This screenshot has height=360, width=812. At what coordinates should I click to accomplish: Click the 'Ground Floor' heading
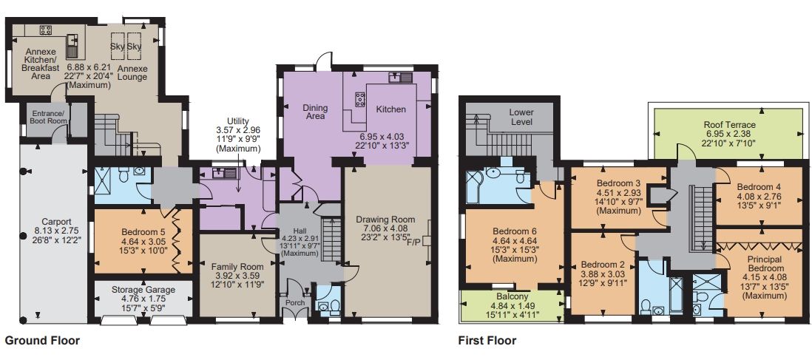42,341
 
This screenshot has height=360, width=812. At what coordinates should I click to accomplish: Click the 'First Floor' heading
487,341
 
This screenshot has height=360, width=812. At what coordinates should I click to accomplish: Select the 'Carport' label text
57,220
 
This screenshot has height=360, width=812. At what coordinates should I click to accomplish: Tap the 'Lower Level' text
521,117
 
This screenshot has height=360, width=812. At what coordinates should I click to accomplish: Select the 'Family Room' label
237,266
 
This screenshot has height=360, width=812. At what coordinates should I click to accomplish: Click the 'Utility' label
238,121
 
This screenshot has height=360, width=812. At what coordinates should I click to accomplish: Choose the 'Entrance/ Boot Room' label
49,117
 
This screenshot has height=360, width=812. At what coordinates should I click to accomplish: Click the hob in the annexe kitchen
44,30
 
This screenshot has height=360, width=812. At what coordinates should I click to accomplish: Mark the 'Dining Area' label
316,112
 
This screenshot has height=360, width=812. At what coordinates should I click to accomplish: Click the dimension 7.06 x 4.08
383,229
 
